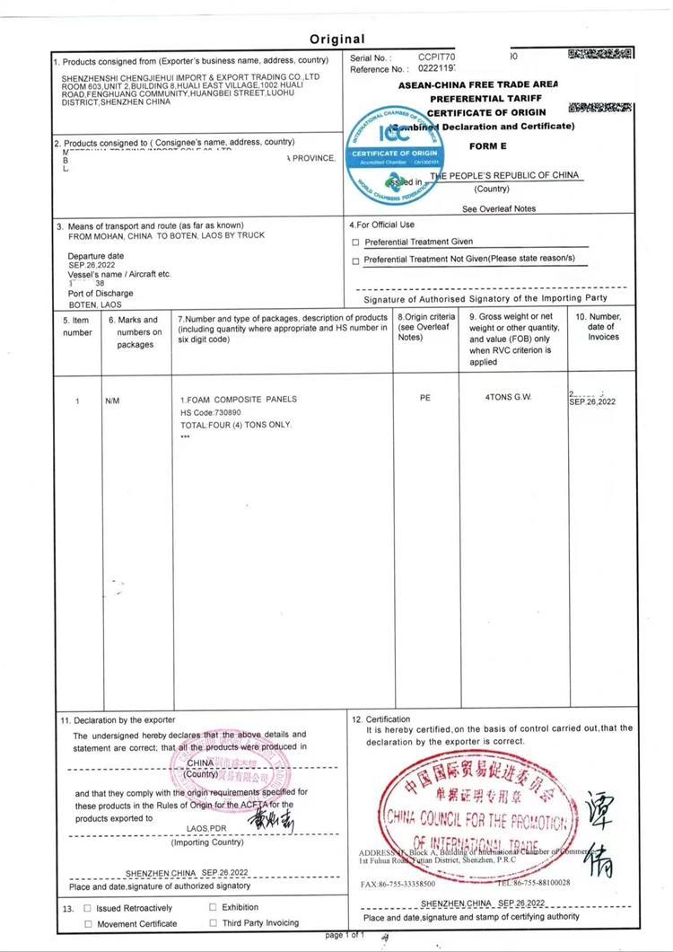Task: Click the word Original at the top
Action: pyautogui.click(x=337, y=39)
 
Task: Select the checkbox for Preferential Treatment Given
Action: pyautogui.click(x=356, y=242)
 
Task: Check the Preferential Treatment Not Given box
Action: pyautogui.click(x=356, y=260)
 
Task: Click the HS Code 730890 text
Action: pyautogui.click(x=211, y=411)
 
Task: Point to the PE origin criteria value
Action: pyautogui.click(x=425, y=399)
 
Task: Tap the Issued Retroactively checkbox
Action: pyautogui.click(x=87, y=908)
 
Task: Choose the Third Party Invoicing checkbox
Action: pyautogui.click(x=214, y=922)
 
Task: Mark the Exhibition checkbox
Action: pyautogui.click(x=214, y=907)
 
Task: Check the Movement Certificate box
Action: pyautogui.click(x=88, y=923)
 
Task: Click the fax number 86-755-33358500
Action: pyautogui.click(x=404, y=883)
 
